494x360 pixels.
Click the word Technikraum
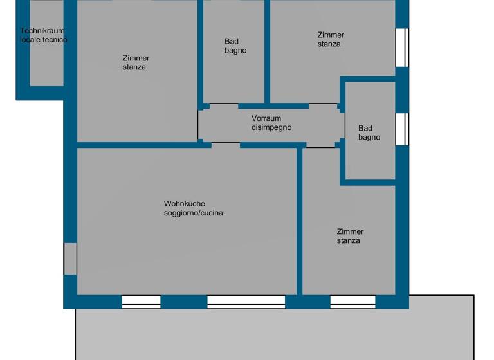[x=42, y=31]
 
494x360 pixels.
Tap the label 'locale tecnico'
[x=43, y=40]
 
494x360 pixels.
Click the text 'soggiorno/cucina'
[x=194, y=213]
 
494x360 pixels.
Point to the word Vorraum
[x=266, y=118]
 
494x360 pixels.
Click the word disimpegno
[x=271, y=127]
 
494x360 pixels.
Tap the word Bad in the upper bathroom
[x=232, y=42]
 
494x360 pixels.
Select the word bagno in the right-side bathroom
[x=369, y=137]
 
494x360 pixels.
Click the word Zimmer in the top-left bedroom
[x=136, y=58]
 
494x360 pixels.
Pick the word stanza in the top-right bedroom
[x=329, y=44]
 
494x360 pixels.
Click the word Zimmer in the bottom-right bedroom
[x=350, y=231]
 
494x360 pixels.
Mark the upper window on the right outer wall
[x=402, y=47]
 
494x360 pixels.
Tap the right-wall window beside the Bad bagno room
[x=402, y=129]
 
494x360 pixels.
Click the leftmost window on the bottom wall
[x=141, y=301]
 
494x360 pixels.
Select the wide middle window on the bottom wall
[x=246, y=301]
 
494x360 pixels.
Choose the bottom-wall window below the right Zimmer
[x=352, y=301]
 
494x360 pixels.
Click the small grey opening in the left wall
[x=70, y=258]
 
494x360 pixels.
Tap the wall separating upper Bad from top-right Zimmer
[x=267, y=51]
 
